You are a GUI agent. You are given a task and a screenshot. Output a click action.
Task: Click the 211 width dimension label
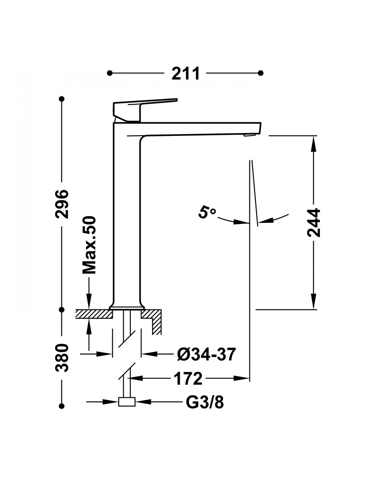186,73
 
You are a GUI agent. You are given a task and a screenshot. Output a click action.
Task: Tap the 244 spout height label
313,223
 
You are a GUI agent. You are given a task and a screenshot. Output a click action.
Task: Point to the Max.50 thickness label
89,245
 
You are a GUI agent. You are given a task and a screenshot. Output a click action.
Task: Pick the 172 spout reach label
188,379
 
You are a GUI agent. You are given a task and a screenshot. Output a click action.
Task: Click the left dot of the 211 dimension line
110,73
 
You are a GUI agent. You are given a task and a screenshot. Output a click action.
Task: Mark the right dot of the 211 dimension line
261,73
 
